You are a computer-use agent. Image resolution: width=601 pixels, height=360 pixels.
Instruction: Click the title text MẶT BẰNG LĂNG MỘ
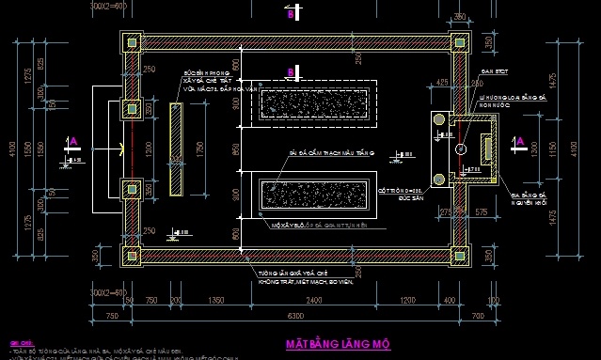pos(337,343)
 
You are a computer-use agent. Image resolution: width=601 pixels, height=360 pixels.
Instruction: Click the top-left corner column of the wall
pos(131,42)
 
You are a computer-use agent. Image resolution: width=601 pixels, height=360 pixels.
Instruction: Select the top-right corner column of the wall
pos(458,42)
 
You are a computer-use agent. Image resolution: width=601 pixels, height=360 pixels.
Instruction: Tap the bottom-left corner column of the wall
pos(131,254)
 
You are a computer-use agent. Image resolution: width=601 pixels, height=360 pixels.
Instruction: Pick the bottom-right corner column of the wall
pos(458,254)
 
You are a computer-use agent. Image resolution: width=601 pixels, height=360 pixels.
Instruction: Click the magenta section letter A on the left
pos(74,141)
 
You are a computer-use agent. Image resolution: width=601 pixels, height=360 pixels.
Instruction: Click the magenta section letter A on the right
pos(520,142)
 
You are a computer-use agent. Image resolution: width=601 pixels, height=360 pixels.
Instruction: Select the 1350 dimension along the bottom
pos(215,300)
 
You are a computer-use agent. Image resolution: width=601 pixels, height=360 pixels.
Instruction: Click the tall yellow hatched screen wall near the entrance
pos(175,149)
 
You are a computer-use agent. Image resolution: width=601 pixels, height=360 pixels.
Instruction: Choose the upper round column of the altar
pos(439,121)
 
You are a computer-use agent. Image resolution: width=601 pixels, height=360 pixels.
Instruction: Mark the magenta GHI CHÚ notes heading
pos(20,342)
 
